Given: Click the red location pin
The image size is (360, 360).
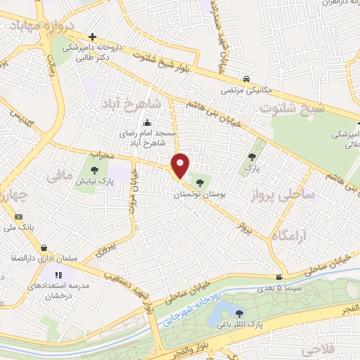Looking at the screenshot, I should [x=181, y=165].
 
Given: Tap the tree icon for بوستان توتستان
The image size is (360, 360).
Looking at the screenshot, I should [x=201, y=183].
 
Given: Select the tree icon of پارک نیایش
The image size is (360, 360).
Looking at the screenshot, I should [x=94, y=169].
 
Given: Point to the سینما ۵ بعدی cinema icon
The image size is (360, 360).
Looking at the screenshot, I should [x=280, y=277].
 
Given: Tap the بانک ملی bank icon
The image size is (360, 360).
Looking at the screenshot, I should [x=18, y=217].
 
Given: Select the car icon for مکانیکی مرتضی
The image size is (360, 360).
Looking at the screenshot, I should [x=246, y=79].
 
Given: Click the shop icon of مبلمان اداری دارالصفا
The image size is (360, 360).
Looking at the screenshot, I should [x=45, y=247].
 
